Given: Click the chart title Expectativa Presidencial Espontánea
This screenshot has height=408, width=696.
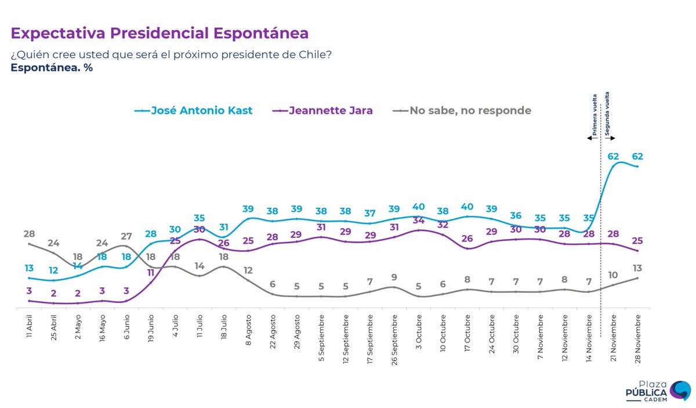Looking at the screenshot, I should [159, 33].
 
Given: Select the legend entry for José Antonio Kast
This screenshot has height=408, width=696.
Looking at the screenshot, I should [194, 110].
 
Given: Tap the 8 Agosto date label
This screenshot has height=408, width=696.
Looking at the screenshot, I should [248, 330].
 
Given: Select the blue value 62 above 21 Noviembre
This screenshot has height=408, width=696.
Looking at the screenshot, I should [614, 156].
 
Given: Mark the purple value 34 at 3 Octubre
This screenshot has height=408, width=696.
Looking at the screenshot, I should [418, 220].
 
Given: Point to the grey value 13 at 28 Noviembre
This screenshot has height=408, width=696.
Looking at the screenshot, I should [637, 268].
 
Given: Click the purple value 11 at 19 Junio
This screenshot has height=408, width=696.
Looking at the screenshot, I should [150, 272].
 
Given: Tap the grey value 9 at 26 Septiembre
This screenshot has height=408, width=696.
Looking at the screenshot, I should [394, 277].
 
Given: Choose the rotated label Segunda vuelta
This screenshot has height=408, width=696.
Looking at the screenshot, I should [607, 113].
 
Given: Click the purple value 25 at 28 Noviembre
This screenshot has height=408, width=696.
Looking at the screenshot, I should [637, 240].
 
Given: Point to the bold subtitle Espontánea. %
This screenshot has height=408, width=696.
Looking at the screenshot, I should [52, 67].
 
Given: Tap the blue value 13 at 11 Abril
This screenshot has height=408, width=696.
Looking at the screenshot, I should [28, 268].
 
